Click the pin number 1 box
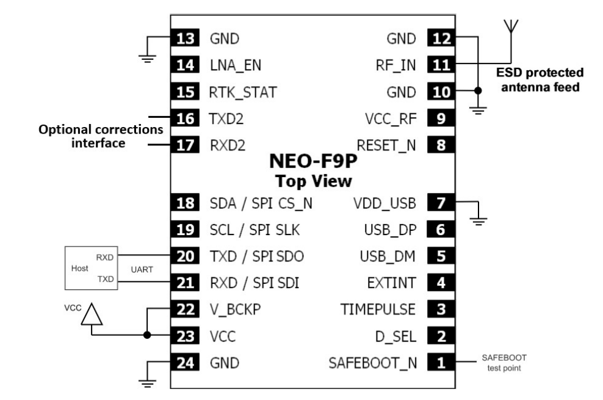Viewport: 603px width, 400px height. click(x=441, y=363)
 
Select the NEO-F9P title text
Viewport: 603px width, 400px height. click(x=312, y=164)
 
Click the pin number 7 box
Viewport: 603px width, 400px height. click(x=441, y=203)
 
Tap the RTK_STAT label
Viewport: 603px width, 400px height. click(x=244, y=93)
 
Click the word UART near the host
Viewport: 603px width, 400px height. click(x=142, y=268)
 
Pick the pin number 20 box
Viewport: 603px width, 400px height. click(x=184, y=256)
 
